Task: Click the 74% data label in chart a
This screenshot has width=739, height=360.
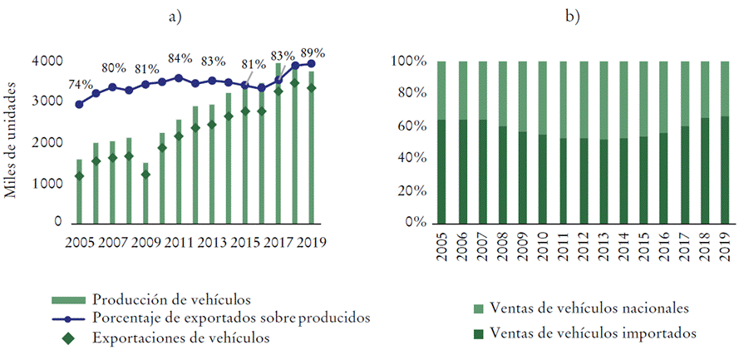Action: click(81, 85)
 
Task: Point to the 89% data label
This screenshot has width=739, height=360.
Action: click(313, 52)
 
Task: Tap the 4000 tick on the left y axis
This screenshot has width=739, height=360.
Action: click(46, 62)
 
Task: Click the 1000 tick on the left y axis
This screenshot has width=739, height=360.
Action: click(46, 183)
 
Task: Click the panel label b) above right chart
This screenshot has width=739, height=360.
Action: click(572, 17)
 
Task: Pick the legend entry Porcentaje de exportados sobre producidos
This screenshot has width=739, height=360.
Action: click(230, 318)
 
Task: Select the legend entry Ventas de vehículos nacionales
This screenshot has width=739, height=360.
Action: click(589, 308)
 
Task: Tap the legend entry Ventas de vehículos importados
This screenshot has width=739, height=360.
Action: click(592, 333)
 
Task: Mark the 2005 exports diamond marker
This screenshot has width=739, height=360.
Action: click(80, 175)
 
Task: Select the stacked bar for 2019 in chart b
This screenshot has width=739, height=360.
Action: click(725, 142)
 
